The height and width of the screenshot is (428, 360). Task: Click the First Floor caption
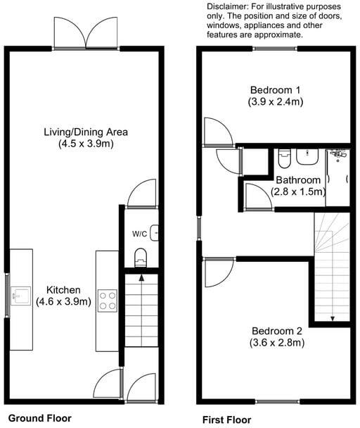[226, 420]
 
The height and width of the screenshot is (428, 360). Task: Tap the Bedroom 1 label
[275, 90]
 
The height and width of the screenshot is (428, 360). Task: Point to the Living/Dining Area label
[86, 132]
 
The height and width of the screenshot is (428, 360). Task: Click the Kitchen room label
[63, 290]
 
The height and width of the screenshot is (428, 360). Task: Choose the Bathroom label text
[298, 180]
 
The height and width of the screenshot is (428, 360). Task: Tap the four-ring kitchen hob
[107, 301]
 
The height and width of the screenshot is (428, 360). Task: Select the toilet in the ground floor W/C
[141, 257]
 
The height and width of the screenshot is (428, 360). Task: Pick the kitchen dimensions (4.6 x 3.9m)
[63, 302]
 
